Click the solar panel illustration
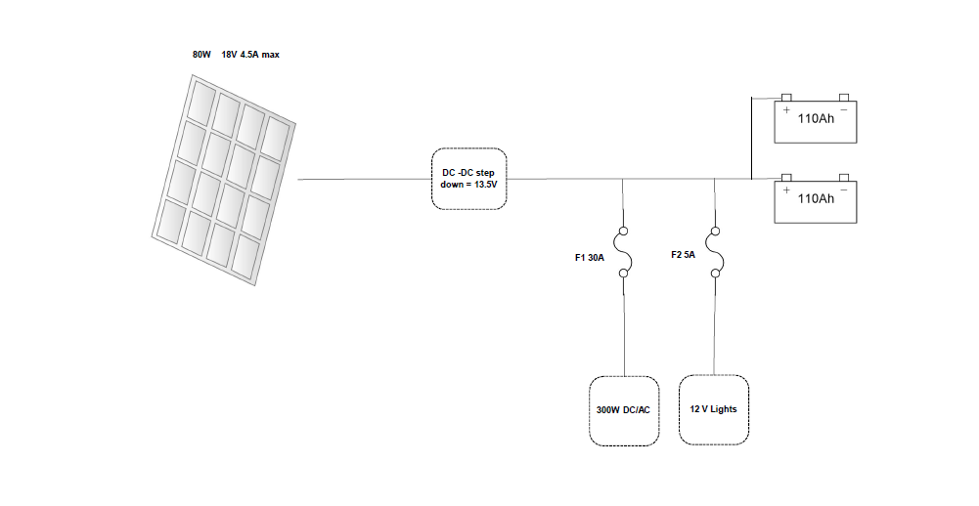tap(224, 181)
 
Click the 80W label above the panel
tap(201, 55)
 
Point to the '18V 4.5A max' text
tap(250, 55)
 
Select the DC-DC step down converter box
tap(468, 179)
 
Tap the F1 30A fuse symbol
tap(624, 252)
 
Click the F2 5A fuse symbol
tap(716, 252)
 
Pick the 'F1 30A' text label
tap(590, 258)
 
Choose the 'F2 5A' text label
tap(683, 255)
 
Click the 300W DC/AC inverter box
tap(624, 410)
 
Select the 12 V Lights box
tap(714, 409)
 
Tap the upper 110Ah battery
tap(816, 118)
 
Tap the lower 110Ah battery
tap(816, 198)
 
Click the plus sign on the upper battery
tap(786, 109)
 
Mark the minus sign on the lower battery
tap(844, 190)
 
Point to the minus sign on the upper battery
tap(844, 110)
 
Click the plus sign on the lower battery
tap(786, 190)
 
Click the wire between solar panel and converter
tap(365, 179)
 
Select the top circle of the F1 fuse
tap(624, 231)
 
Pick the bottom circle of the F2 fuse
tap(716, 274)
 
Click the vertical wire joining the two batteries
tap(752, 138)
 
